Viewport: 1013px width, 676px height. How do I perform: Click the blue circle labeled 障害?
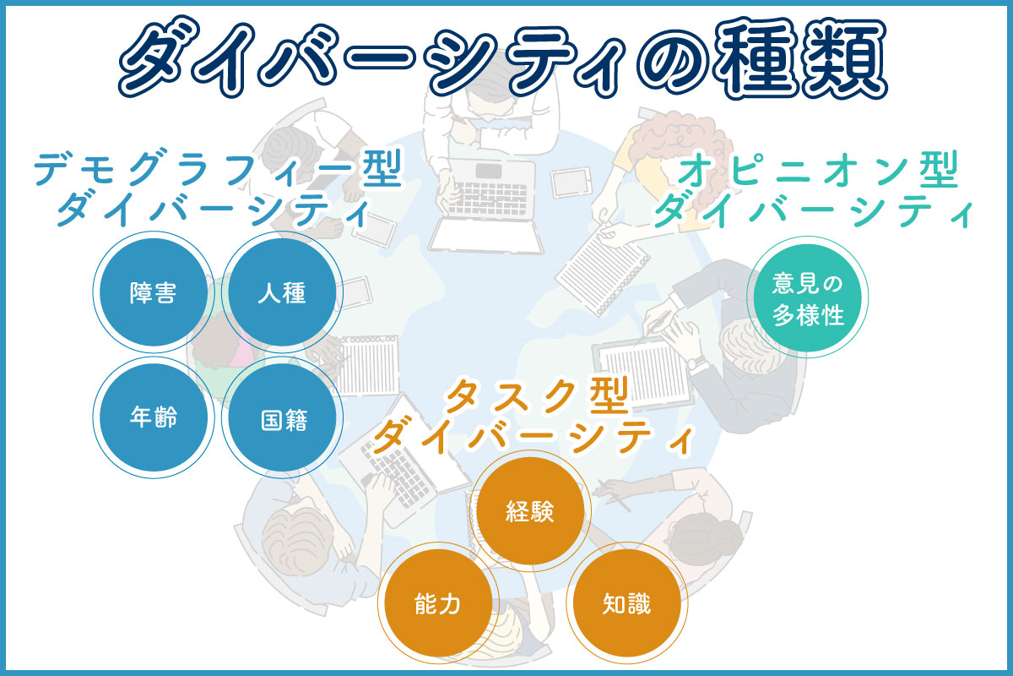pyautogui.click(x=154, y=292)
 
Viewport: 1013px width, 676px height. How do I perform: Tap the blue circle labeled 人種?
pyautogui.click(x=282, y=292)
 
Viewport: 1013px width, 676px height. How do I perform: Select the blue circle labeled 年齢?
pyautogui.click(x=154, y=417)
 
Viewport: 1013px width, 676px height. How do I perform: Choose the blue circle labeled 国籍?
pyautogui.click(x=282, y=417)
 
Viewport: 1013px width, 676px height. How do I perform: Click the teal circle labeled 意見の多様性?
pyautogui.click(x=807, y=297)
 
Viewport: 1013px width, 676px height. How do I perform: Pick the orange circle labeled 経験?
pyautogui.click(x=530, y=511)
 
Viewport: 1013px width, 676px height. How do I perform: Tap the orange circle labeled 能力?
pyautogui.click(x=438, y=603)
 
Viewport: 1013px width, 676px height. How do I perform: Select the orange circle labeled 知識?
pyautogui.click(x=626, y=603)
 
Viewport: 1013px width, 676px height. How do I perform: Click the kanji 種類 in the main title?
pyautogui.click(x=799, y=58)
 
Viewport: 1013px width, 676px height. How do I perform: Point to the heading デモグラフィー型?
pyautogui.click(x=218, y=168)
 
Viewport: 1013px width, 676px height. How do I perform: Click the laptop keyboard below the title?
pyautogui.click(x=487, y=199)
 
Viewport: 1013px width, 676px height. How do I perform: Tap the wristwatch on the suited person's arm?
pyautogui.click(x=696, y=363)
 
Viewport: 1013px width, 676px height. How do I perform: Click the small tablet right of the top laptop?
pyautogui.click(x=572, y=182)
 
